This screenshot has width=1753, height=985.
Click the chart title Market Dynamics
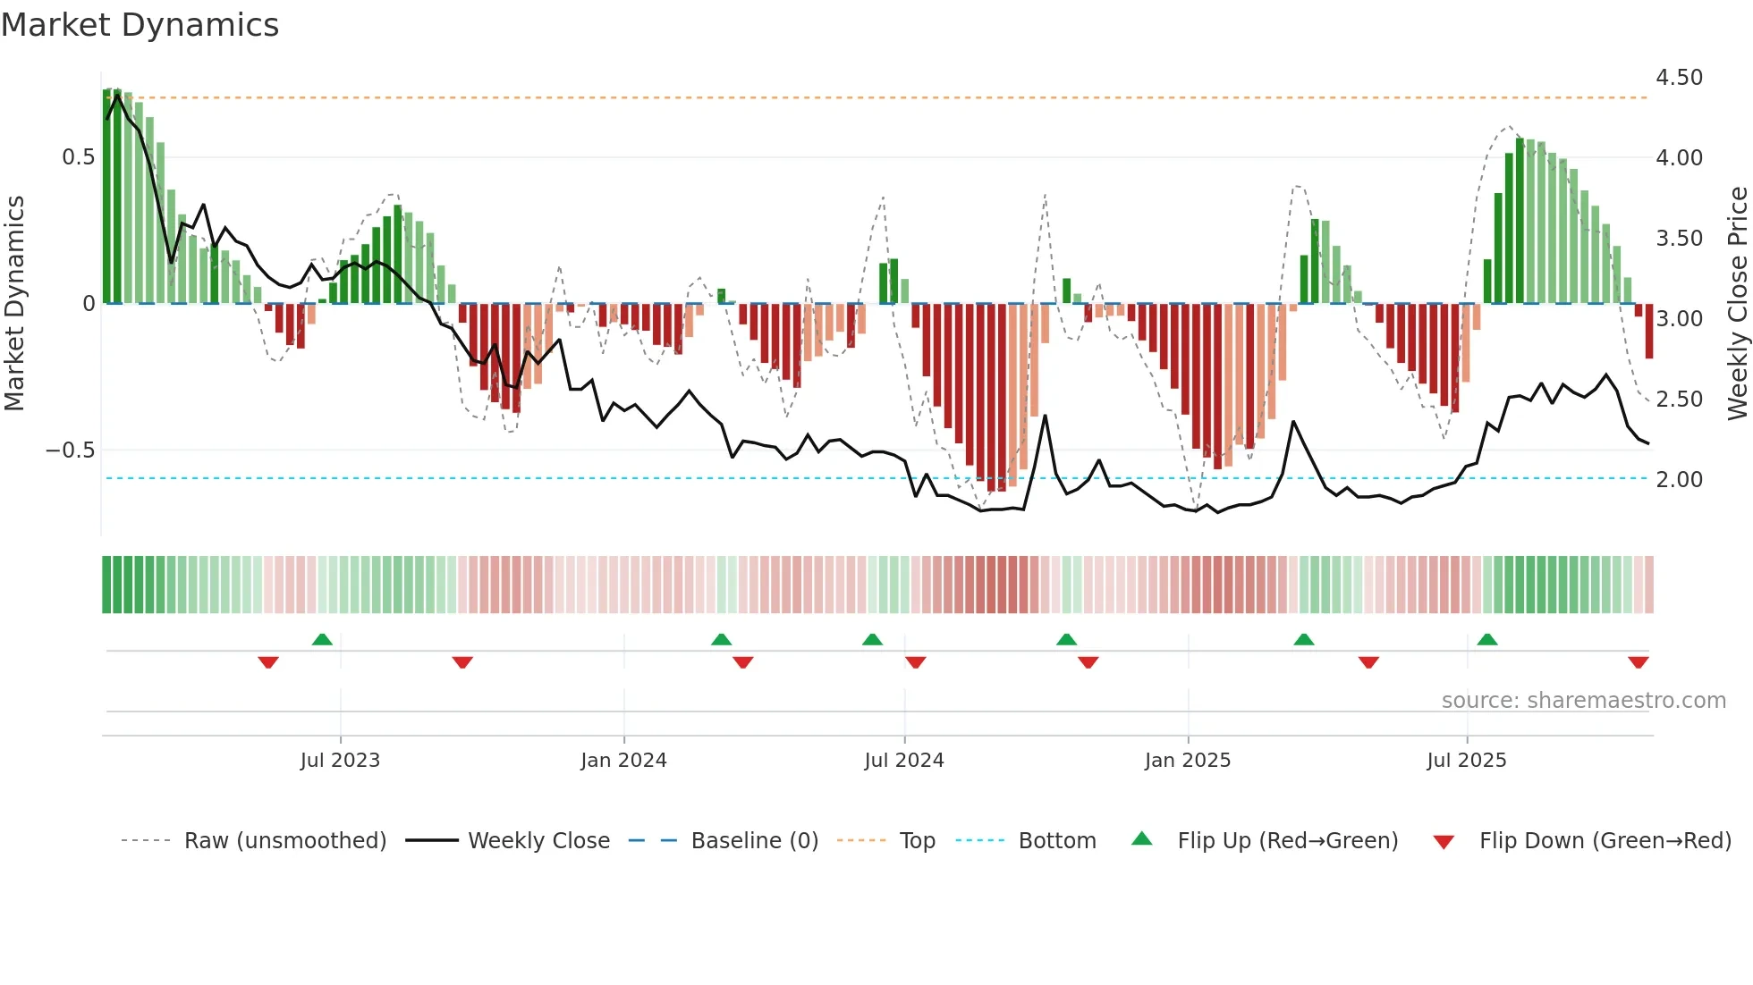[140, 25]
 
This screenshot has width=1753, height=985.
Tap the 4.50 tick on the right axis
[1679, 78]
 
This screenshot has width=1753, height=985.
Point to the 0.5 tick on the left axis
[79, 157]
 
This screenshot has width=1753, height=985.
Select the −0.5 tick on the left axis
[71, 450]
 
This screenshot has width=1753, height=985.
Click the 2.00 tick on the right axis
[1679, 480]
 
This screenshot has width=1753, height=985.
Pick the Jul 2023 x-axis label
[340, 761]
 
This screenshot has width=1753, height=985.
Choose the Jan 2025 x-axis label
[1188, 761]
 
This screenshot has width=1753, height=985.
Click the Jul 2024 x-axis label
[904, 761]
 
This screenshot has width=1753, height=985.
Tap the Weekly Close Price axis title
[1737, 303]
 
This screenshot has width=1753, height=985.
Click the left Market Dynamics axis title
[14, 303]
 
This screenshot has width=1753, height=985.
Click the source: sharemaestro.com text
[1583, 701]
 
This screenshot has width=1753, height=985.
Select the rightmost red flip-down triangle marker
[1639, 662]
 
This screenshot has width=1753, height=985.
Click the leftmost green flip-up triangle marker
[322, 639]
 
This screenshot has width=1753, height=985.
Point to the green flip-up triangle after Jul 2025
[1487, 639]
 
